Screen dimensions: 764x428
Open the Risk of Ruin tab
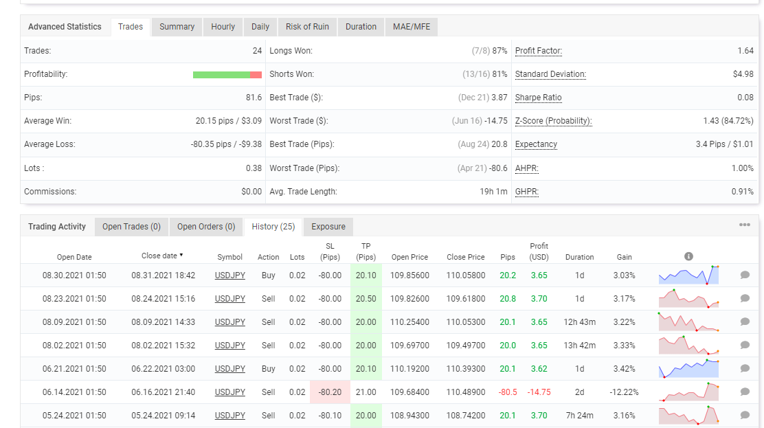(x=307, y=27)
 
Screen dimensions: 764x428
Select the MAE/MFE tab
(x=412, y=27)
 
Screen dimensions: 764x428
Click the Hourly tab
(x=223, y=27)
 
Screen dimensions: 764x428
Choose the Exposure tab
(x=328, y=227)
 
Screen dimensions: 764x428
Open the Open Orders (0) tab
(x=206, y=227)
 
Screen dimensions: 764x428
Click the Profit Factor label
(x=539, y=51)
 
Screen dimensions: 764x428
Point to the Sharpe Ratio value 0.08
(x=745, y=98)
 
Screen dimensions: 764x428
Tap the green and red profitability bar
(x=227, y=75)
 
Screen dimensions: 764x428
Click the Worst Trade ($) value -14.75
(x=496, y=121)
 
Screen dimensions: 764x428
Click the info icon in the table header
(x=688, y=256)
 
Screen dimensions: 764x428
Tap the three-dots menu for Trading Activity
(x=745, y=225)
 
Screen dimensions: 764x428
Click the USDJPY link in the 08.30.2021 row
(x=230, y=275)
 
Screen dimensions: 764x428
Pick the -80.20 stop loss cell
(x=330, y=392)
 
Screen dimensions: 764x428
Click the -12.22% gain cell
(x=624, y=392)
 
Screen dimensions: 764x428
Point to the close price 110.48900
(x=466, y=392)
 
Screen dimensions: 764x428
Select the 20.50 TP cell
(x=366, y=299)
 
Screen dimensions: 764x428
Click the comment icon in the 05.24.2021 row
(x=745, y=415)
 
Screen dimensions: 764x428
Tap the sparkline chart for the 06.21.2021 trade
(x=688, y=368)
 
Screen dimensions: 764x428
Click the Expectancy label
(x=536, y=144)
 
